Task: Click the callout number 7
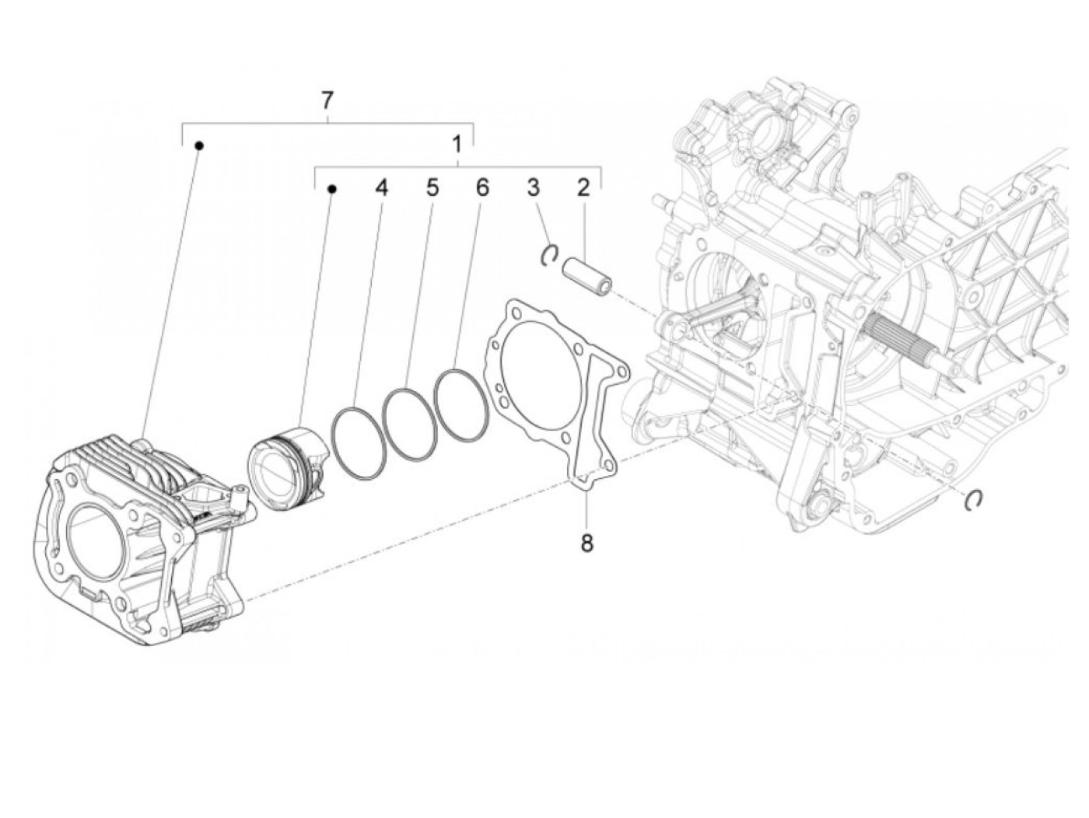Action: [x=327, y=100]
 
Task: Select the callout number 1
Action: [x=457, y=144]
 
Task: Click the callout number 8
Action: [x=587, y=543]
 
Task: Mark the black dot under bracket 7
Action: [x=199, y=145]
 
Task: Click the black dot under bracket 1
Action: [x=332, y=189]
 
